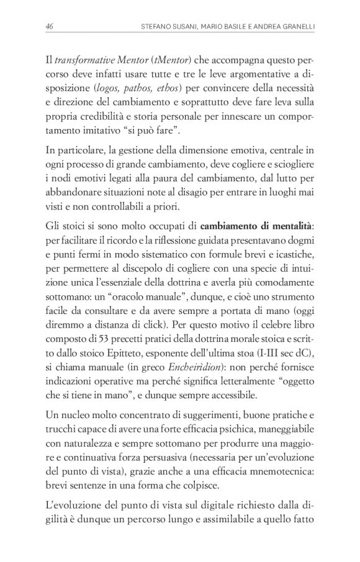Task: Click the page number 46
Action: click(49, 26)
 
